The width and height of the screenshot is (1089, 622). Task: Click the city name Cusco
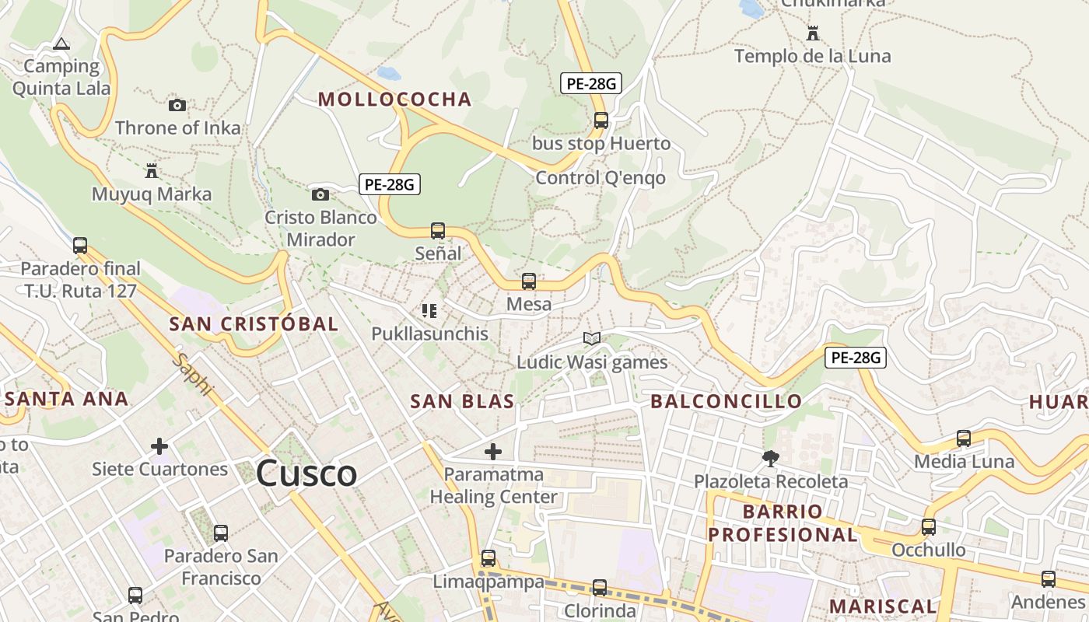point(306,473)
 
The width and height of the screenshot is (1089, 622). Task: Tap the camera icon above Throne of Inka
point(177,105)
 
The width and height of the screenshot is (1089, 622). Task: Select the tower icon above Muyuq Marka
point(152,170)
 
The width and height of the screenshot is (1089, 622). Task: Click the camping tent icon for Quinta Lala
point(61,44)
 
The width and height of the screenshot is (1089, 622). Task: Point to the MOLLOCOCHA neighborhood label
point(395,99)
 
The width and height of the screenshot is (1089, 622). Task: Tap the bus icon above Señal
point(438,230)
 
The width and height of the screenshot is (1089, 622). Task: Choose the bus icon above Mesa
point(529,281)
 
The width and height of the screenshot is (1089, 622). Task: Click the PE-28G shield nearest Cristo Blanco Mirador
point(390,184)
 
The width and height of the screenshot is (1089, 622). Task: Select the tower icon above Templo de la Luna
point(813,33)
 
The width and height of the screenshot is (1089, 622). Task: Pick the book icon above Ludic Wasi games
point(592,338)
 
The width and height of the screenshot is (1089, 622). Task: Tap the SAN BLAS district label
point(462,401)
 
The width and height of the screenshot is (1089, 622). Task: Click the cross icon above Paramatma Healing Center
point(493,451)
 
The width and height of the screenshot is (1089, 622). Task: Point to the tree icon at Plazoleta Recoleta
point(771,459)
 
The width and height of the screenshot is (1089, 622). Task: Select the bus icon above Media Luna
point(964,439)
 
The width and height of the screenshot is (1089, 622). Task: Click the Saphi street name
point(191,375)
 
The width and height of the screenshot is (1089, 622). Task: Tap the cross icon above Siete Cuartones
point(159,446)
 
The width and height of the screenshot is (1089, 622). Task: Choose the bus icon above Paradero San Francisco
point(221,533)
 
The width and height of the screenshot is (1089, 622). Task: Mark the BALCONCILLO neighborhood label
point(726,401)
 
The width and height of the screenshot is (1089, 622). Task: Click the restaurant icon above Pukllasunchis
point(429,311)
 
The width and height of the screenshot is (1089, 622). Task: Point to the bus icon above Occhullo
point(928,527)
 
